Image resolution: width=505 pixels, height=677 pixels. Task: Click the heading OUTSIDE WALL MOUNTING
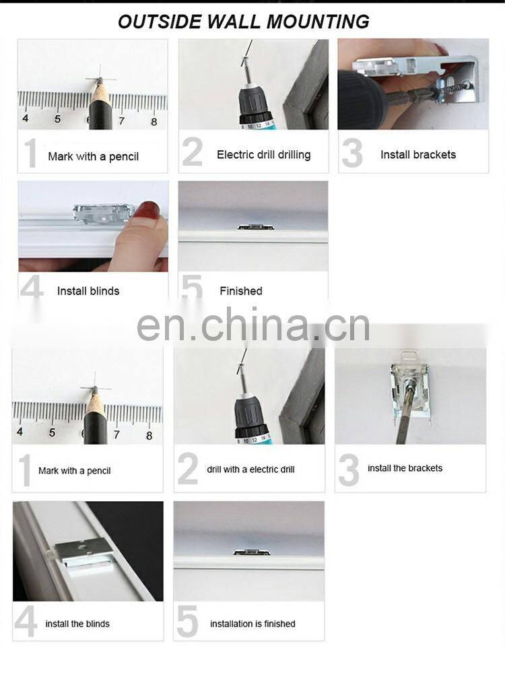[244, 22]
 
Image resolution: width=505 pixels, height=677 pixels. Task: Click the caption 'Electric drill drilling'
[264, 154]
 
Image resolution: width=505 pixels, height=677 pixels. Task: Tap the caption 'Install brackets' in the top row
[418, 154]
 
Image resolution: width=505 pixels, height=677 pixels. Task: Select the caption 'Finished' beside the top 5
[241, 291]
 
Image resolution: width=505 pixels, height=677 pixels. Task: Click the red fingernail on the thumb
[147, 209]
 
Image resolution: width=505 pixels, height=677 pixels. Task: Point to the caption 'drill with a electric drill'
[250, 470]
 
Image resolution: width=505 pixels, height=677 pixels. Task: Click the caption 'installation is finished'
[252, 624]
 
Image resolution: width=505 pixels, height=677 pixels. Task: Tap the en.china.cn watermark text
[253, 325]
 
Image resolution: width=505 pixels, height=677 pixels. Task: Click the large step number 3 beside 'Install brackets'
[352, 153]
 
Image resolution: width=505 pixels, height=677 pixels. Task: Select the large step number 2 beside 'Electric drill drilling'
[193, 152]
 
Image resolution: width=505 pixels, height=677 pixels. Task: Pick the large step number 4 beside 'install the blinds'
[26, 622]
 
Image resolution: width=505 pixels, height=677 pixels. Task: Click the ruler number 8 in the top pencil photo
[154, 122]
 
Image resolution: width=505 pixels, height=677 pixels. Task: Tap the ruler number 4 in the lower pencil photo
[20, 431]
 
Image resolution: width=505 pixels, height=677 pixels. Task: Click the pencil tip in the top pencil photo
[100, 80]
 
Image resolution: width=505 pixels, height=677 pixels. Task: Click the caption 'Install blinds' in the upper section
[88, 291]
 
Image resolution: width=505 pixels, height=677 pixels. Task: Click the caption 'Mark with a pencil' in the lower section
[74, 471]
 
